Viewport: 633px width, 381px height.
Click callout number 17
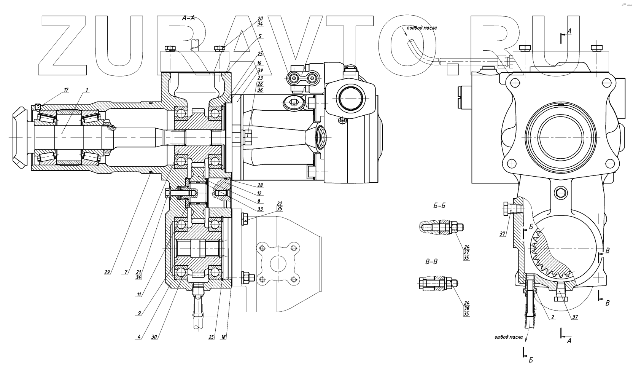[x=66, y=90]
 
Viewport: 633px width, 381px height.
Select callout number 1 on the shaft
[x=87, y=90]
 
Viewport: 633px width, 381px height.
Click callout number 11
[x=139, y=294]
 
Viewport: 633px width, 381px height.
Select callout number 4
[x=139, y=336]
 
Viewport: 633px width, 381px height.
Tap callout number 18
[x=223, y=337]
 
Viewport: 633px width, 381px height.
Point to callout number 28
[x=260, y=185]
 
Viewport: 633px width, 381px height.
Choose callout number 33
[x=260, y=209]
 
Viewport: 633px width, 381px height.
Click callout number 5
[x=260, y=37]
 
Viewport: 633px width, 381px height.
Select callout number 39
[x=260, y=71]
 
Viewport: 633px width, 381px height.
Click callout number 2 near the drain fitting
[x=552, y=317]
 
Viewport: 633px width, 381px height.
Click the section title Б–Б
[x=439, y=206]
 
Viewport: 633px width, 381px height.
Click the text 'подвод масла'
[x=421, y=28]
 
